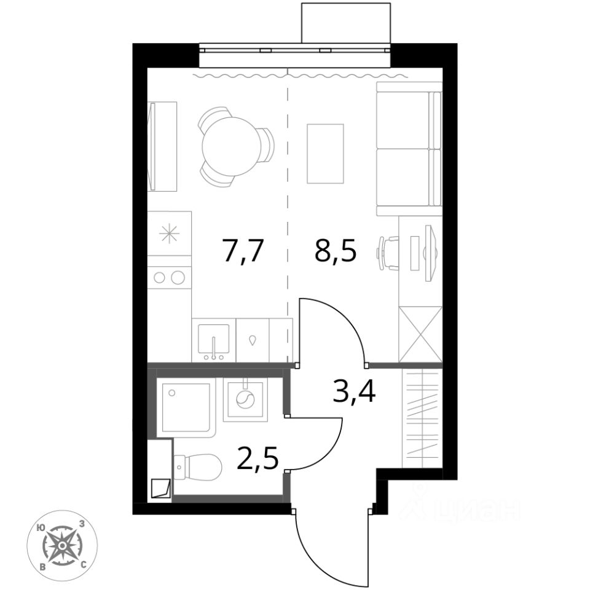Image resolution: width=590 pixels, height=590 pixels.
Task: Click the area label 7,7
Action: pyautogui.click(x=242, y=251)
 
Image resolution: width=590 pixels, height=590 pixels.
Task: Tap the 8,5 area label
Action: pyautogui.click(x=336, y=251)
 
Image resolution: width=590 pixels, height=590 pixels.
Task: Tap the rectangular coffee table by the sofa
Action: pyautogui.click(x=326, y=154)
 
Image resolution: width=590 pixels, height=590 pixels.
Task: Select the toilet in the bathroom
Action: pyautogui.click(x=197, y=467)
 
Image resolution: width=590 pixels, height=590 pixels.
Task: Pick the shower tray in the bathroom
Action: pyautogui.click(x=186, y=407)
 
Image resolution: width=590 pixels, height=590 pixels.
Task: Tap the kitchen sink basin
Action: pyautogui.click(x=213, y=339)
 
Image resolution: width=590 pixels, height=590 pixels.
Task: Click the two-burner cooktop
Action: pyautogui.click(x=170, y=277)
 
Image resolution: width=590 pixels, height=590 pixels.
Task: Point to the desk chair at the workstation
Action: pyautogui.click(x=388, y=253)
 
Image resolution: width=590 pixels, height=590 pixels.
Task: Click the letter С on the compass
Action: pyautogui.click(x=84, y=564)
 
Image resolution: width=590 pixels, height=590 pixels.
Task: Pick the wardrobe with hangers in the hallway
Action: pyautogui.click(x=422, y=418)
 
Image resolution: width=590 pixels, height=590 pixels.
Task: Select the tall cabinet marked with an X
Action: pyautogui.click(x=420, y=334)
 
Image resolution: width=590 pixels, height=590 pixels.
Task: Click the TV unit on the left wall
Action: pyautogui.click(x=162, y=146)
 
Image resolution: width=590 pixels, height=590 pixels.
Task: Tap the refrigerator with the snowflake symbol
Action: pyautogui.click(x=170, y=234)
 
